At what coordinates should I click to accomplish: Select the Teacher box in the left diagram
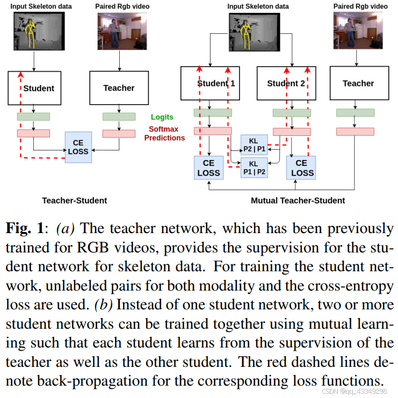click(119, 88)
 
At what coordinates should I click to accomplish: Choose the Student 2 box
click(286, 83)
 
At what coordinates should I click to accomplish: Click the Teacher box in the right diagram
click(358, 83)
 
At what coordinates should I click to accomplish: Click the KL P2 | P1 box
click(254, 143)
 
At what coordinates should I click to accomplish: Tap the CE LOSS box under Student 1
click(208, 168)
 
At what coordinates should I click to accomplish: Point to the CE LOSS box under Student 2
click(302, 168)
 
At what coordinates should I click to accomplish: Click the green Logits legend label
click(162, 117)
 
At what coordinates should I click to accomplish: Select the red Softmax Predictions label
click(164, 133)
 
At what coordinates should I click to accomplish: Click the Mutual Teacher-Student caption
click(298, 200)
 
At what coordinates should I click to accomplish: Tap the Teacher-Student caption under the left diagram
click(75, 200)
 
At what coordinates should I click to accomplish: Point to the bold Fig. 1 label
click(25, 229)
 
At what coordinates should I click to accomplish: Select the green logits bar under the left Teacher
click(119, 117)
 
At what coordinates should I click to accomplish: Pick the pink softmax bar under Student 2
click(292, 132)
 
